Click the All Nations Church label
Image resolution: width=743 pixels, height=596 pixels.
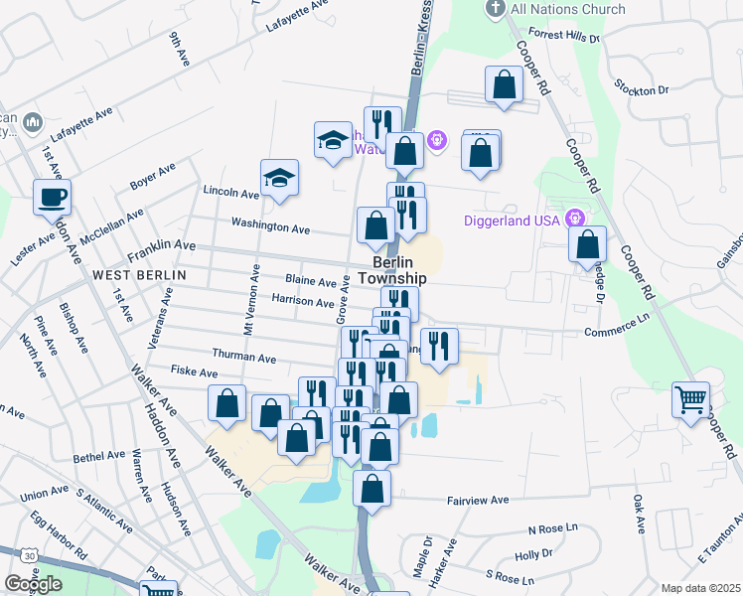[567, 10]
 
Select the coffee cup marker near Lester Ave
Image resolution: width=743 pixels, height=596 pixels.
[52, 197]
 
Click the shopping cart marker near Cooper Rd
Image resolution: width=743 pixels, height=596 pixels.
[690, 400]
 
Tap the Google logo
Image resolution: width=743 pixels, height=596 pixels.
[33, 584]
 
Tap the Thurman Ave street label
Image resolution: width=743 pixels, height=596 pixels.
[243, 356]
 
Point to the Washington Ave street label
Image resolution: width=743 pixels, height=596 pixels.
[270, 227]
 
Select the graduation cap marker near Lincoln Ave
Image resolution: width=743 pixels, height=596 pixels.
[280, 179]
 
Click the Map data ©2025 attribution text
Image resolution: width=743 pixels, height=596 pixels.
[701, 588]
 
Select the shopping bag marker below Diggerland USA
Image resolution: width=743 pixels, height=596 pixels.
[588, 243]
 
